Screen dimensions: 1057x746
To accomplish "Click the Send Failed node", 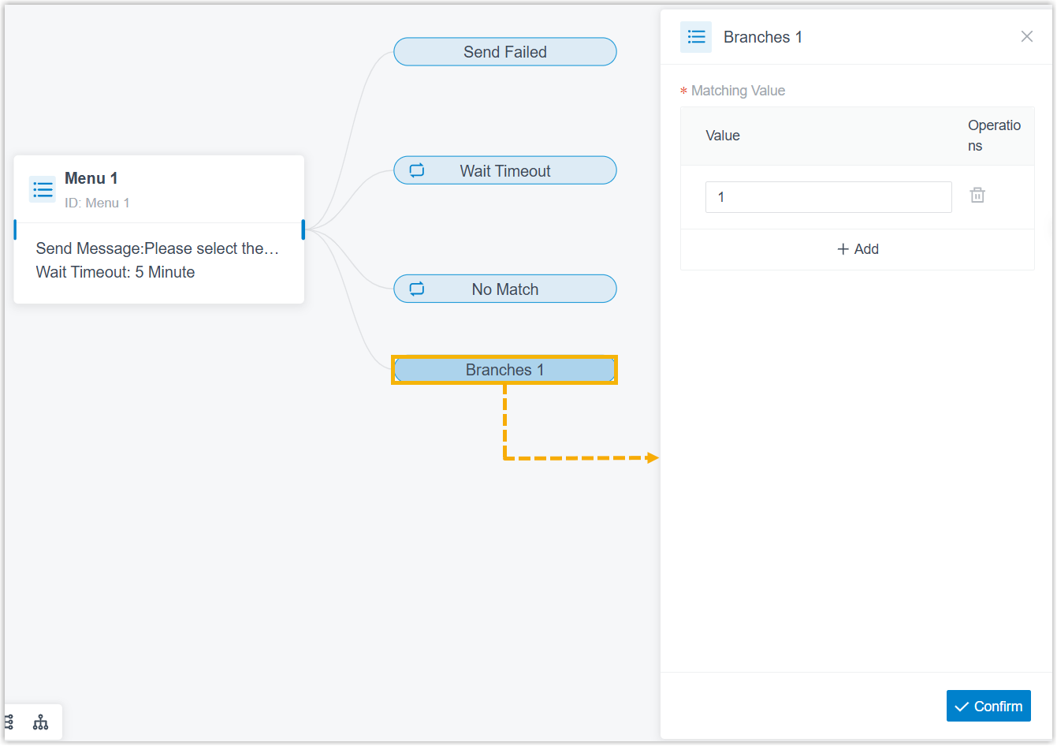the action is point(505,52).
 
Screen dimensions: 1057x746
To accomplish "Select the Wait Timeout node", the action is point(505,170).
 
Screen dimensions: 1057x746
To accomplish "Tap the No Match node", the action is point(505,289).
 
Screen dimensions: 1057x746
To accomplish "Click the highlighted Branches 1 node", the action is point(504,370).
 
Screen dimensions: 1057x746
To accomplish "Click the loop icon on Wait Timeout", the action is point(417,170).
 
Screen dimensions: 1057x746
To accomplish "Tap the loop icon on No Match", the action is point(417,289).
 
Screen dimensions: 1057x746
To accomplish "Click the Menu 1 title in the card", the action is point(91,178).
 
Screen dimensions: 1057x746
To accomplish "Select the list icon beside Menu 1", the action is point(43,189).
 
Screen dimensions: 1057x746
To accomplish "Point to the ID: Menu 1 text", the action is point(97,203).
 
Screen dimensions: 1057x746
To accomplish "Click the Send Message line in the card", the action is point(157,248).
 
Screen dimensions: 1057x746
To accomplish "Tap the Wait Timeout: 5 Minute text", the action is point(115,272).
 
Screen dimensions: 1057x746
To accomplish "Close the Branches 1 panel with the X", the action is point(1027,36).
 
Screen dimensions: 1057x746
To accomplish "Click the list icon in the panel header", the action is point(696,37).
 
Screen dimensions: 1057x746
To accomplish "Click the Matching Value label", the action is point(738,91).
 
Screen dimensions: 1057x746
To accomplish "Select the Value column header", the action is point(723,136).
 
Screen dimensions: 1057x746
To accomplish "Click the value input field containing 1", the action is point(828,197).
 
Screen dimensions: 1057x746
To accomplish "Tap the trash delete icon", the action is point(977,195).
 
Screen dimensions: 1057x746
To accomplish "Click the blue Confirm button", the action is point(988,706).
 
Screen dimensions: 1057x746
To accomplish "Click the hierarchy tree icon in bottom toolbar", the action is point(40,722).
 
